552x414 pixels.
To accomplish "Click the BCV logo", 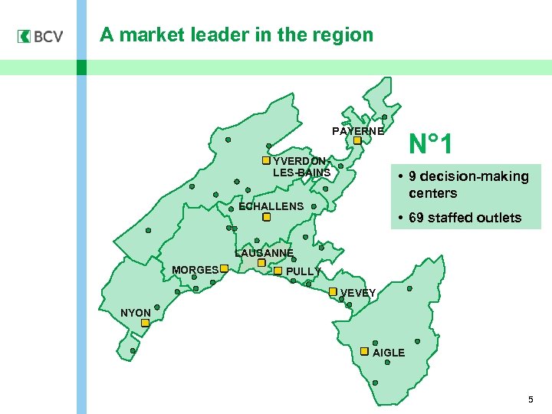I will coord(40,37).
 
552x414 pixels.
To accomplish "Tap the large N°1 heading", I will coord(431,143).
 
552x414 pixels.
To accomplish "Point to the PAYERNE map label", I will coord(358,131).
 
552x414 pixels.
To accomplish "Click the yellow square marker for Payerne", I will coord(357,140).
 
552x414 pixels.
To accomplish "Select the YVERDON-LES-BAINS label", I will coord(301,166).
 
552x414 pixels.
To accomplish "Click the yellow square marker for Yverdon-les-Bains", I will coord(266,160).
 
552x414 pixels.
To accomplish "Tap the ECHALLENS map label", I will coord(271,206).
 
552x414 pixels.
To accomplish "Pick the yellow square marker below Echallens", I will coord(266,217).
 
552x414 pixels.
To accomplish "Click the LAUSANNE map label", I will coord(264,253).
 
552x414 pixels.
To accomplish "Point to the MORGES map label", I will coord(195,270).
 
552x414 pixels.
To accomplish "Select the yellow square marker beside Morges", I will coord(224,269).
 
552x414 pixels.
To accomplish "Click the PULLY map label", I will coord(303,271).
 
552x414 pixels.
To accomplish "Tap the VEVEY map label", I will coord(358,293).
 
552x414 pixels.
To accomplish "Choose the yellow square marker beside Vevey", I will coord(333,292).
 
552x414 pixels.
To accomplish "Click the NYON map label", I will coord(136,313).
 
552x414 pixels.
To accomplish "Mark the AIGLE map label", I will coord(389,353).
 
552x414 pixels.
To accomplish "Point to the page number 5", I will coord(530,400).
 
